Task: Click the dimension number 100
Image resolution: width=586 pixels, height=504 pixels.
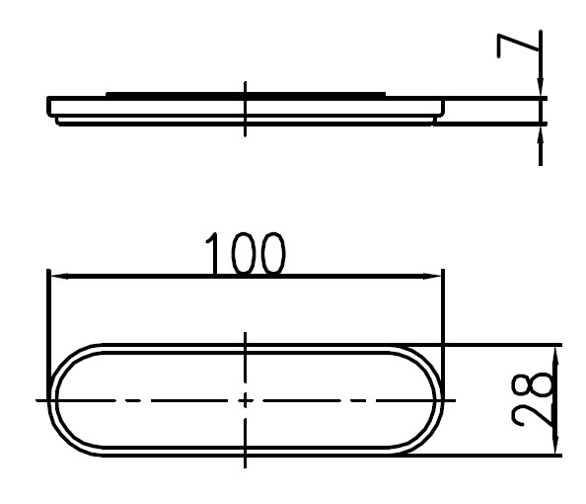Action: [246, 254]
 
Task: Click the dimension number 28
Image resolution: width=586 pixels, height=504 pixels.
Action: [532, 399]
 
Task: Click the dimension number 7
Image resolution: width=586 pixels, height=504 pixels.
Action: [517, 46]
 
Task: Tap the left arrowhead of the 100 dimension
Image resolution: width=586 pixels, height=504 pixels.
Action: [59, 277]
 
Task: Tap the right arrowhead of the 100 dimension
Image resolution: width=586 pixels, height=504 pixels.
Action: [432, 277]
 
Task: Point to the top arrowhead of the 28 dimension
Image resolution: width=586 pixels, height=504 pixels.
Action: [555, 357]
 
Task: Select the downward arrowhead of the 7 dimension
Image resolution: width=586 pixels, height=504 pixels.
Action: [541, 87]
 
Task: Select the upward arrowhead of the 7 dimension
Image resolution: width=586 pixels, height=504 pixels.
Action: [541, 135]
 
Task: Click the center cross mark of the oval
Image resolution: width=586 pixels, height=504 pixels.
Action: [246, 400]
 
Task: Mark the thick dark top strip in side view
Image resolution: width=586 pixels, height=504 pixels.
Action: [246, 94]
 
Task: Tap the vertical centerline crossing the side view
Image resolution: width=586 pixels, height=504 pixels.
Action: [246, 109]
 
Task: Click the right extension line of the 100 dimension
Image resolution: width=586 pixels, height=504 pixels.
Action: [443, 329]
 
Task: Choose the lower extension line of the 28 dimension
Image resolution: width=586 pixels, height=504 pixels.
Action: [484, 456]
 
